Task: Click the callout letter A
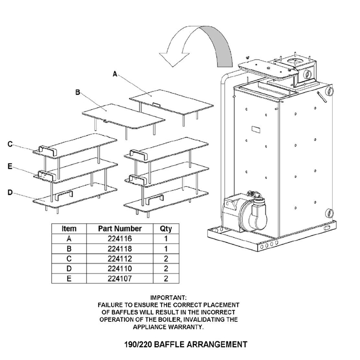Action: pos(115,74)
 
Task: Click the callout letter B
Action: pos(77,93)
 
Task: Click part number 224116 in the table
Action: pos(120,239)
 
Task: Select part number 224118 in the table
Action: pos(120,249)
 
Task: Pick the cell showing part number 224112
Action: pos(120,259)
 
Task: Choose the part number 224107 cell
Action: pos(120,279)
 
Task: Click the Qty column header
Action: pos(166,228)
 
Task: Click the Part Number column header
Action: pos(120,228)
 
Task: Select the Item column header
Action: pos(69,228)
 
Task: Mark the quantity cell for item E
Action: pos(166,279)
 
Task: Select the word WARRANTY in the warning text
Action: pos(186,327)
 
